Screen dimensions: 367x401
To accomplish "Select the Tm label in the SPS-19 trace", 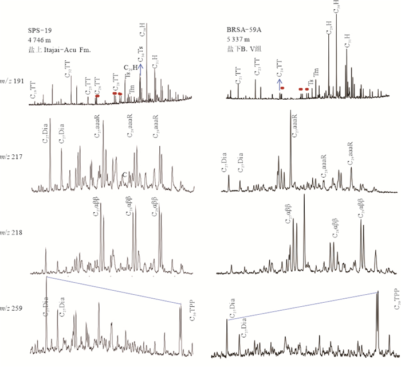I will pyautogui.click(x=132, y=88).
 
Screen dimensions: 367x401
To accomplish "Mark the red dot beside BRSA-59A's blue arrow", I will pyautogui.click(x=282, y=88).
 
